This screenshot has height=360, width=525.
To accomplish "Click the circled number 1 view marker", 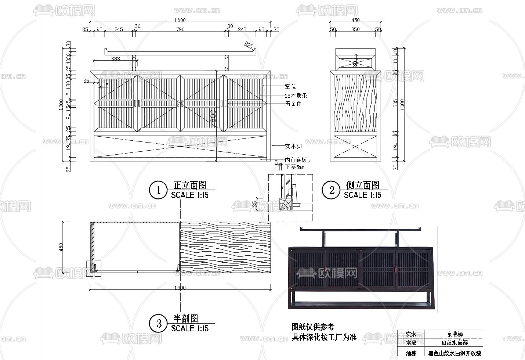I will [158, 190].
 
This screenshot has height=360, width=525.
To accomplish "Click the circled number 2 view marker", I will [332, 190].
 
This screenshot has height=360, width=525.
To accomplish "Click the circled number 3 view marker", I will [158, 324].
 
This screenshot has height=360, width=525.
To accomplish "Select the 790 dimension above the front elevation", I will [180, 29].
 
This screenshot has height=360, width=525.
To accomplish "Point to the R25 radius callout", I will [249, 46].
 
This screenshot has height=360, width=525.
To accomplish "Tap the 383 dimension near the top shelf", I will [115, 58].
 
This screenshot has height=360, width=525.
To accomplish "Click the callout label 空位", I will [290, 87].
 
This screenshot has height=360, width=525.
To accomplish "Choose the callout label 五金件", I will [293, 104].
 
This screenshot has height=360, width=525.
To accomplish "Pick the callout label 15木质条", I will [296, 96].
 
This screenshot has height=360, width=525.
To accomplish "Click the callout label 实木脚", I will [293, 146].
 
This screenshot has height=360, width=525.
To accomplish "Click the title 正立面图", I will [190, 185].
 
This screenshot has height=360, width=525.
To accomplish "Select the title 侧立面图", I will [363, 185].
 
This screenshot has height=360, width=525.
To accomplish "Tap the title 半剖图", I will [186, 318].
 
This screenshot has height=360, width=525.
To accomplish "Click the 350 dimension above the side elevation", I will [355, 29].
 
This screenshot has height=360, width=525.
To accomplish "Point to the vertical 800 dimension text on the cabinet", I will [213, 116].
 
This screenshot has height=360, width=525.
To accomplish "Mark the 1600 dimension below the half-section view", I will [180, 288].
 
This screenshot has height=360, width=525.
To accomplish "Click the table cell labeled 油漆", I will [411, 354].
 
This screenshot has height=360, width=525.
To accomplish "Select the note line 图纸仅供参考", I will [313, 327].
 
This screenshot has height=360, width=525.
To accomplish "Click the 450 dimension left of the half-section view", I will [61, 247].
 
